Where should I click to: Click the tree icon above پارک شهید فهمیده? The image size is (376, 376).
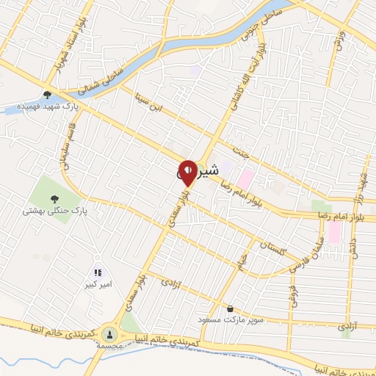[x=48, y=94]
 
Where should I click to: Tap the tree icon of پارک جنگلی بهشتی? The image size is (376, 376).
[x=54, y=198]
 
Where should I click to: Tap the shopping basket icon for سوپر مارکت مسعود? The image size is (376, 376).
[x=231, y=308]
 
